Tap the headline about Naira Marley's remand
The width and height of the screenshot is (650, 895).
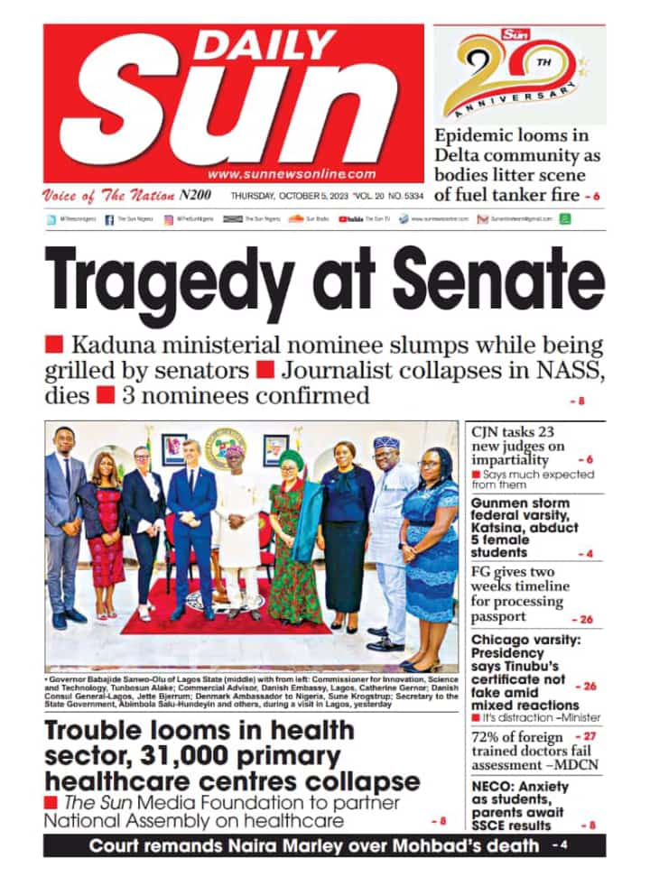pos(316,845)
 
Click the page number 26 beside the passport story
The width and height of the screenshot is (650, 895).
pos(583,619)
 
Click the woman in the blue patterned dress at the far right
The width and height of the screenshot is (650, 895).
pos(430,550)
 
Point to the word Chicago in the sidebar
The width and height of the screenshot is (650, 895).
pos(500,641)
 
